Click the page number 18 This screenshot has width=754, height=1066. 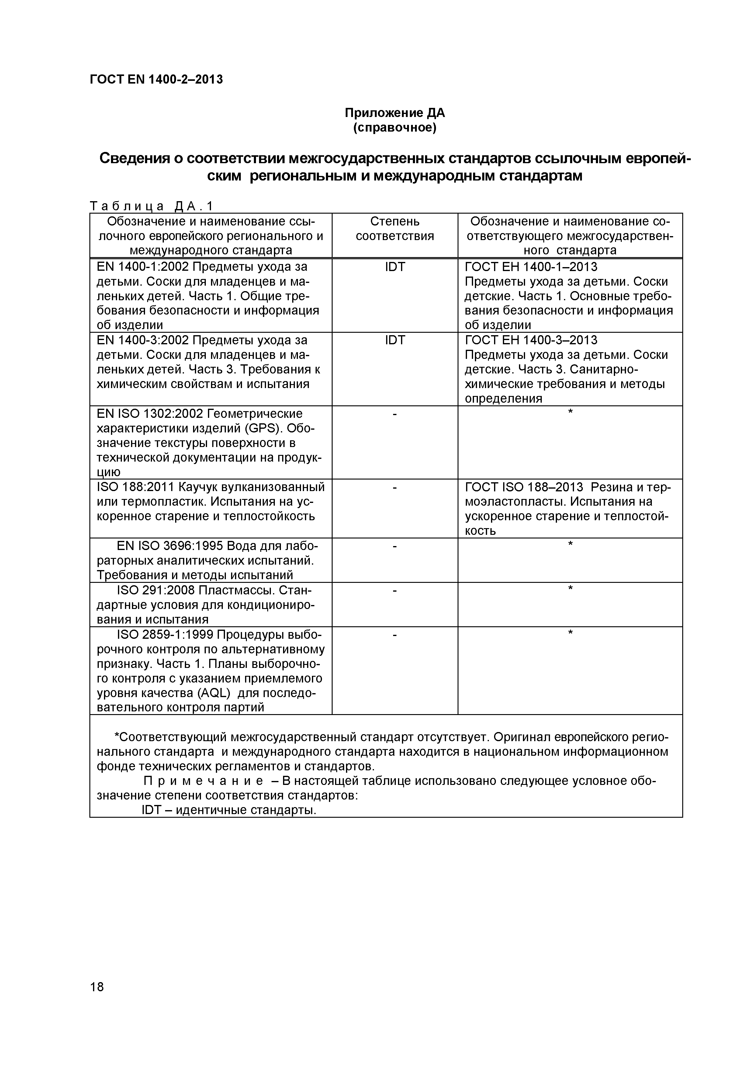pyautogui.click(x=97, y=1000)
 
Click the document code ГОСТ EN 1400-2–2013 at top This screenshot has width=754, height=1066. pyautogui.click(x=156, y=80)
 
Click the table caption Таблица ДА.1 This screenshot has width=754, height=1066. pyautogui.click(x=151, y=206)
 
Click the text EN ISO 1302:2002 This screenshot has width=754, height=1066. pyautogui.click(x=149, y=414)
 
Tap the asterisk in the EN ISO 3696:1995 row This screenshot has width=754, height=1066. pyautogui.click(x=570, y=544)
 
